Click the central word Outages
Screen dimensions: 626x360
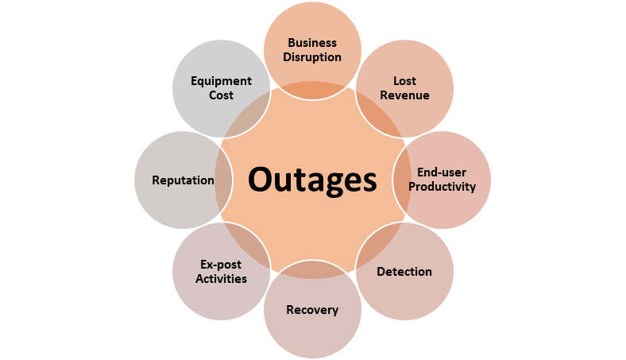coord(312,180)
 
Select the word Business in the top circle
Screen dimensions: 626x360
coord(312,43)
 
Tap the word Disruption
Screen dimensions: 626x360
coord(312,57)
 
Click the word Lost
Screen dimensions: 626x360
coord(405,81)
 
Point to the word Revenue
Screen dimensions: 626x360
coord(405,95)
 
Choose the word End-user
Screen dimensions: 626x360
coord(442,172)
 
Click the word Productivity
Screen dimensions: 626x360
coord(442,187)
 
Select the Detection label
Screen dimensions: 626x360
coord(404,272)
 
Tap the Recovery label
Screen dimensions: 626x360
coord(312,310)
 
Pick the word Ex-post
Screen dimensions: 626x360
coord(221,265)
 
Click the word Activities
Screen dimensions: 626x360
coord(221,278)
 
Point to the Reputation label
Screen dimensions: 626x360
coord(183,180)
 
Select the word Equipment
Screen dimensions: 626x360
coord(221,81)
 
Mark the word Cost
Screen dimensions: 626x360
coord(221,95)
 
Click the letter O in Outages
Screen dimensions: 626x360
coord(261,179)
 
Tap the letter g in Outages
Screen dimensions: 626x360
coord(331,185)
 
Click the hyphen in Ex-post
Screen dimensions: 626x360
coord(214,265)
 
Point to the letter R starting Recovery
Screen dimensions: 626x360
coord(290,310)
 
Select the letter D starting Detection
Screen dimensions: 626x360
coord(381,272)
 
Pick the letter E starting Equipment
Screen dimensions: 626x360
coord(194,81)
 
